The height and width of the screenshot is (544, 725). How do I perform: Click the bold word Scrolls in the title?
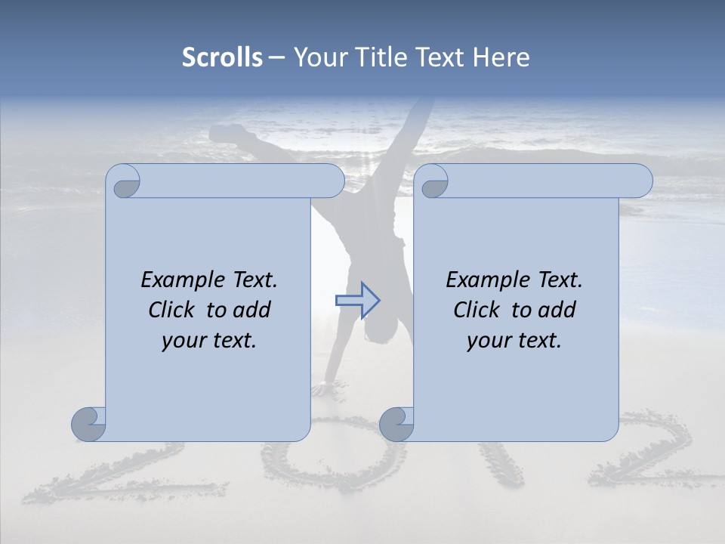pyautogui.click(x=222, y=57)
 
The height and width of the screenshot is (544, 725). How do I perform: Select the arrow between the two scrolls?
pyautogui.click(x=357, y=301)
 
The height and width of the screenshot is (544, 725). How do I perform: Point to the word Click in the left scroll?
pyautogui.click(x=171, y=310)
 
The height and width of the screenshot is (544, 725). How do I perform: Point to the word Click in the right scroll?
pyautogui.click(x=477, y=310)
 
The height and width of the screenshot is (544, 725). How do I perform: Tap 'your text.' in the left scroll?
pyautogui.click(x=209, y=341)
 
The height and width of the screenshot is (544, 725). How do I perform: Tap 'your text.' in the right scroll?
pyautogui.click(x=514, y=341)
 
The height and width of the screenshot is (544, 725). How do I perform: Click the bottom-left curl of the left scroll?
pyautogui.click(x=89, y=424)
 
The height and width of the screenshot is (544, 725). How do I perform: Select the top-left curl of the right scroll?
pyautogui.click(x=433, y=182)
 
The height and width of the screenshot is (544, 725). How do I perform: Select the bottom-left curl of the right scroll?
pyautogui.click(x=396, y=424)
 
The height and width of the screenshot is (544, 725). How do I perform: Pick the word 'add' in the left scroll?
pyautogui.click(x=252, y=310)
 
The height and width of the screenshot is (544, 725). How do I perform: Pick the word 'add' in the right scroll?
pyautogui.click(x=557, y=310)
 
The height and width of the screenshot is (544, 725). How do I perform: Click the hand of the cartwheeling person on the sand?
pyautogui.click(x=323, y=389)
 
